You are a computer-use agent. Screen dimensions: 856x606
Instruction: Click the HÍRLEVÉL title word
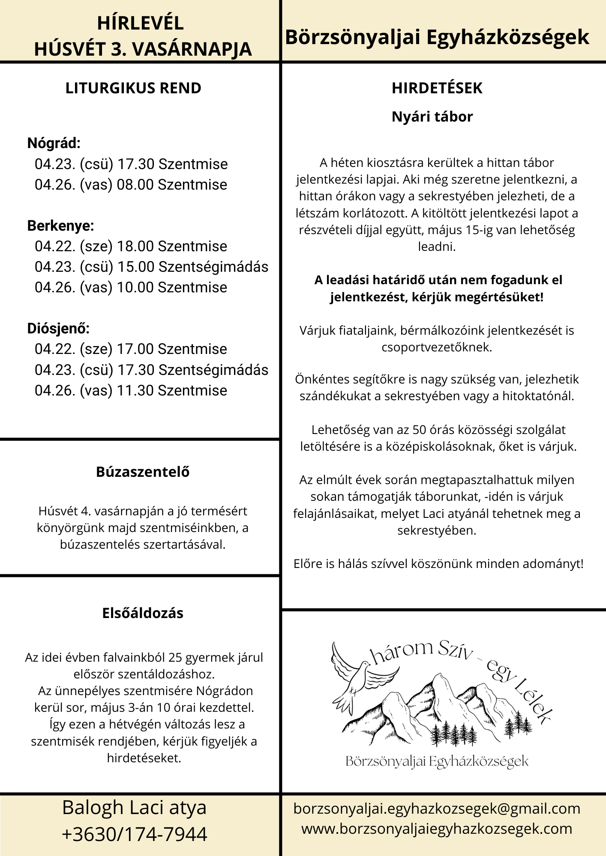click(140, 23)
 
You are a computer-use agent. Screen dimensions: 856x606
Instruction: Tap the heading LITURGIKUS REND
click(133, 88)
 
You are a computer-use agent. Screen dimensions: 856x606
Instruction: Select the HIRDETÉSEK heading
click(437, 88)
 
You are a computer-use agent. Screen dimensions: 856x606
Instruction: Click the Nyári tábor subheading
click(432, 117)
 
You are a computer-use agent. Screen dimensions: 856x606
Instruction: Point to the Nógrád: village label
click(54, 143)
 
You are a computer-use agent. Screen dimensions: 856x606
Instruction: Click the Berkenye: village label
click(60, 226)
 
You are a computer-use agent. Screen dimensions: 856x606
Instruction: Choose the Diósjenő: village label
click(59, 328)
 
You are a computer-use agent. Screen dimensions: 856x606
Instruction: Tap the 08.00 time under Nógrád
click(135, 185)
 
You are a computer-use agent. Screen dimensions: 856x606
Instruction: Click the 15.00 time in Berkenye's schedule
click(135, 267)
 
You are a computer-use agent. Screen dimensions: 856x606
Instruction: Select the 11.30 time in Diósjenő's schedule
click(135, 391)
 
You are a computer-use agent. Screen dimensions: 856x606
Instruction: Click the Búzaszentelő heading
click(143, 472)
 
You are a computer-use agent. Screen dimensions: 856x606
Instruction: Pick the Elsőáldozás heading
click(143, 613)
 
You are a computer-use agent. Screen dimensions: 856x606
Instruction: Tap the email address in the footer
click(437, 809)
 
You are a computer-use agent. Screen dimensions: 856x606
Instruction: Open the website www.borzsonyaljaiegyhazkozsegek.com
click(437, 829)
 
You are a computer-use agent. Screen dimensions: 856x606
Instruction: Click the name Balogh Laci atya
click(135, 808)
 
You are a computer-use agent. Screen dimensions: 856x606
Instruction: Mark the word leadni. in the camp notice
click(437, 247)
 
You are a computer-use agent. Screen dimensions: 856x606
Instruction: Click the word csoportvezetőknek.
click(437, 347)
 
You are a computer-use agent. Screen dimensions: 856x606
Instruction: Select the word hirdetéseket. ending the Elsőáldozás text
click(144, 758)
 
